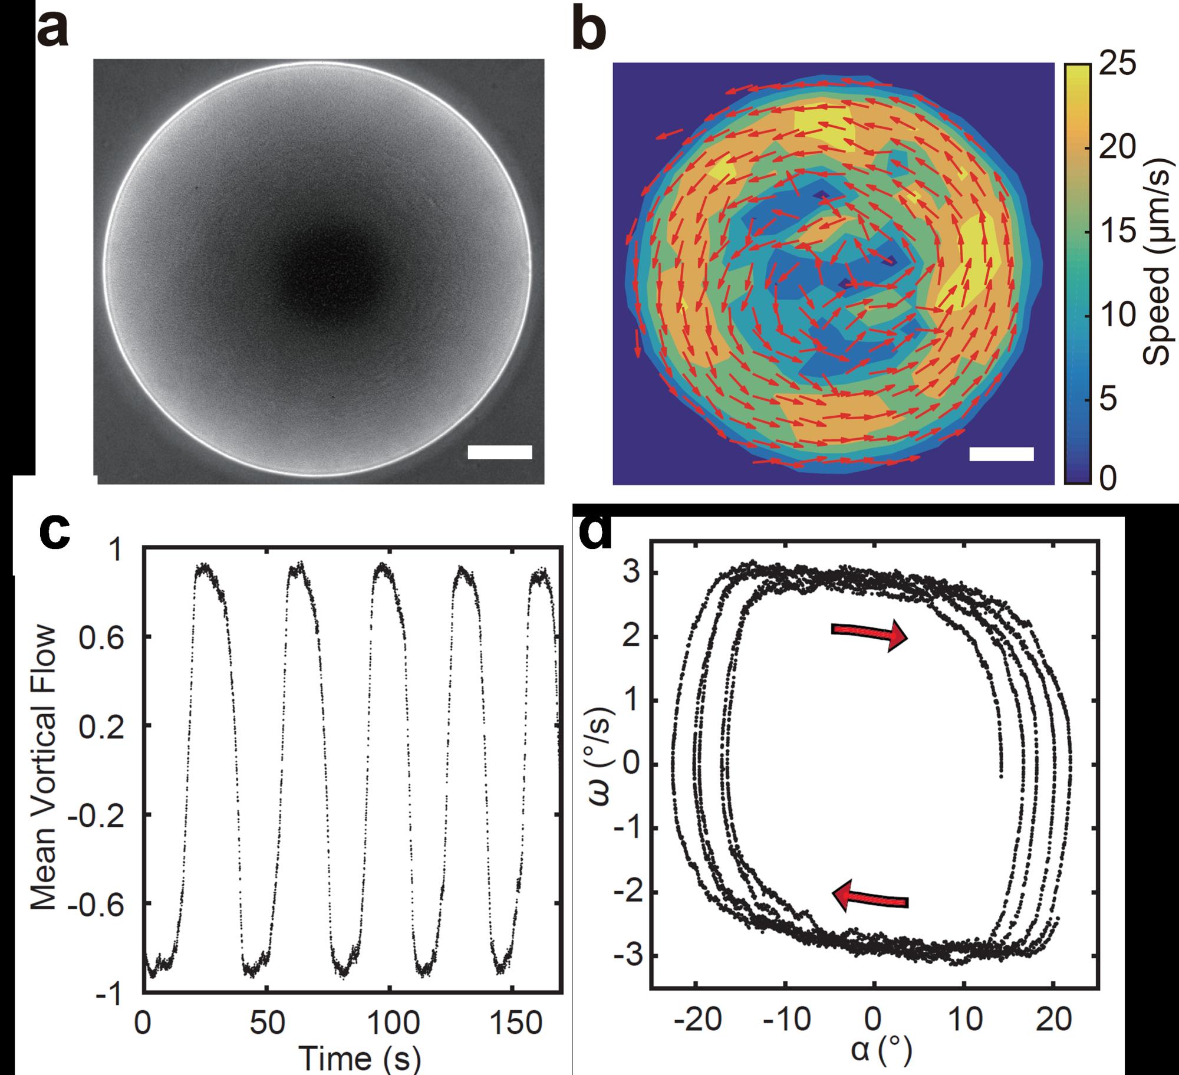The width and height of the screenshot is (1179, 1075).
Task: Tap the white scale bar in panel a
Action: pyautogui.click(x=499, y=452)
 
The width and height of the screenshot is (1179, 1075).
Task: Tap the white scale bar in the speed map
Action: pyautogui.click(x=1001, y=453)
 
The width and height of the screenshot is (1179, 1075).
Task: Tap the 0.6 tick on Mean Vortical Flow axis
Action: pyautogui.click(x=111, y=637)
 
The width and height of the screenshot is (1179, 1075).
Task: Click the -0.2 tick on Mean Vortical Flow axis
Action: pyautogui.click(x=105, y=815)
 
